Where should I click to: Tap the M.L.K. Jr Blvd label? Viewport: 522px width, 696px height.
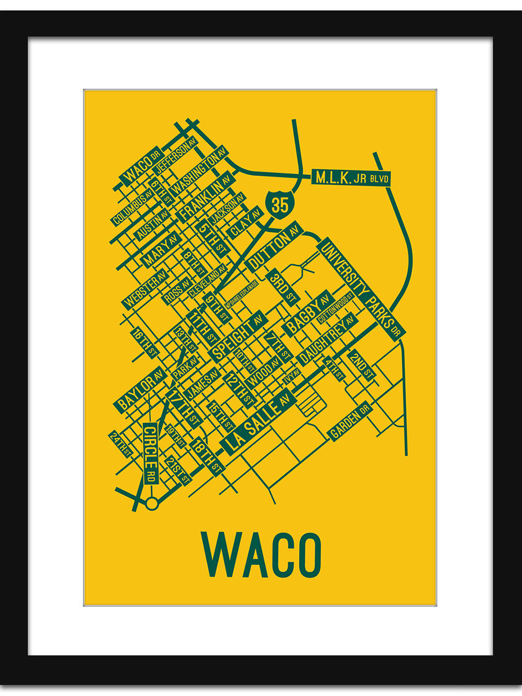point(351,177)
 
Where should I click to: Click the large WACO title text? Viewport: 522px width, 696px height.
point(260,555)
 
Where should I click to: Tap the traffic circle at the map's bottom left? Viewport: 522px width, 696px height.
point(152,503)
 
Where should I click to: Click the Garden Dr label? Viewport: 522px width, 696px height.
point(350,420)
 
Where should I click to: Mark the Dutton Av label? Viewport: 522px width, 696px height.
point(275,246)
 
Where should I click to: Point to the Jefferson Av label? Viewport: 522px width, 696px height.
point(176,153)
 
